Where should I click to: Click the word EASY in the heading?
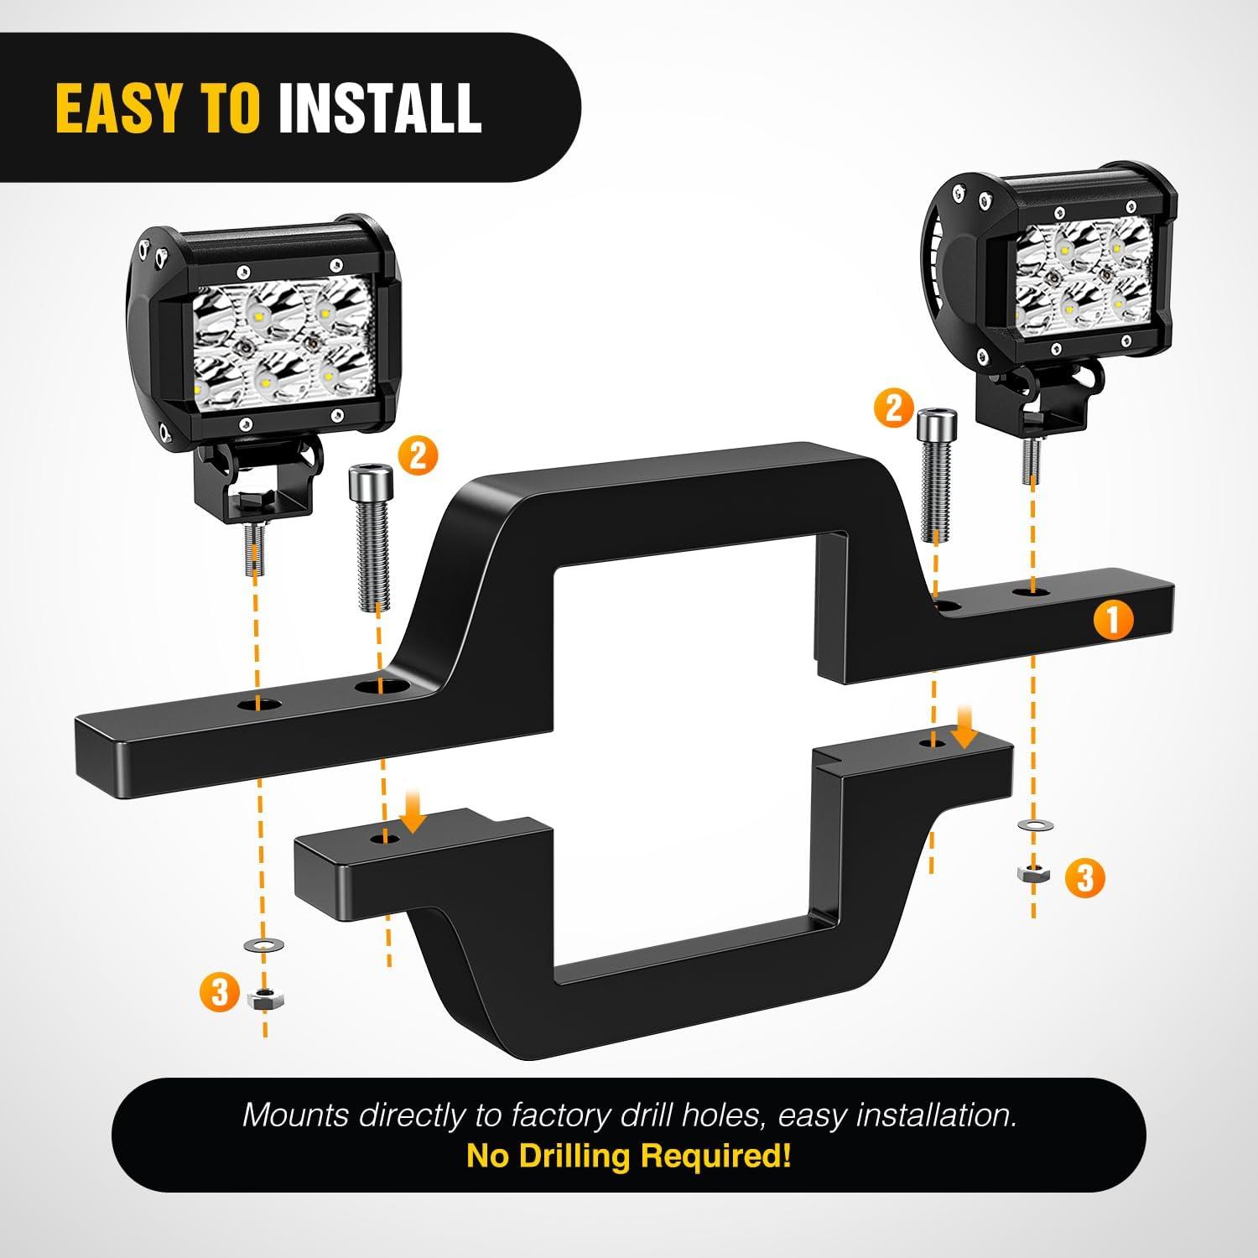(117, 108)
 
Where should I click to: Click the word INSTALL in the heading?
(380, 108)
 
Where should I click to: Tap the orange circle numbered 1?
(1114, 621)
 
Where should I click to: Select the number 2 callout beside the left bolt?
(418, 457)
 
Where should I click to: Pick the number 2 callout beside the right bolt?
(893, 408)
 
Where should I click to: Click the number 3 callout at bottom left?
(220, 993)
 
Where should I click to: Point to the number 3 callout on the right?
(1085, 878)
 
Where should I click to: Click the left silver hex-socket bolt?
(370, 539)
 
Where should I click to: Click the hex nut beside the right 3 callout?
(1031, 874)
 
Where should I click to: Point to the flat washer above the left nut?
(263, 946)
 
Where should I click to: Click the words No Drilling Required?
(629, 1156)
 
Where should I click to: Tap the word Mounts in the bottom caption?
(296, 1115)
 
